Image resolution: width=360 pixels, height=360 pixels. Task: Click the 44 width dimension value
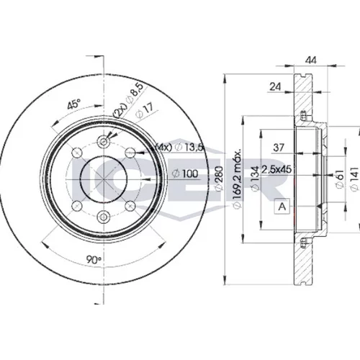pyautogui.click(x=311, y=60)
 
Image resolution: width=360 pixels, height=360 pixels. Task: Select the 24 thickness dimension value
pyautogui.click(x=275, y=86)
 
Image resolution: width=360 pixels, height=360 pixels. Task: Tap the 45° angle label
pyautogui.click(x=73, y=104)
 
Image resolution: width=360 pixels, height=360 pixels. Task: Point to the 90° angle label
pyautogui.click(x=94, y=260)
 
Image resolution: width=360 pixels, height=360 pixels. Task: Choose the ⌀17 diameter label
pyautogui.click(x=144, y=111)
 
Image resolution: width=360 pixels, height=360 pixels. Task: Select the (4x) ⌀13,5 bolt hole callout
pyautogui.click(x=179, y=147)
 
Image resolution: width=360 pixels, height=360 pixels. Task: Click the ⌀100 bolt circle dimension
pyautogui.click(x=186, y=174)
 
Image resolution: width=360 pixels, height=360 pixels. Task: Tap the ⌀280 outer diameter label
pyautogui.click(x=219, y=179)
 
